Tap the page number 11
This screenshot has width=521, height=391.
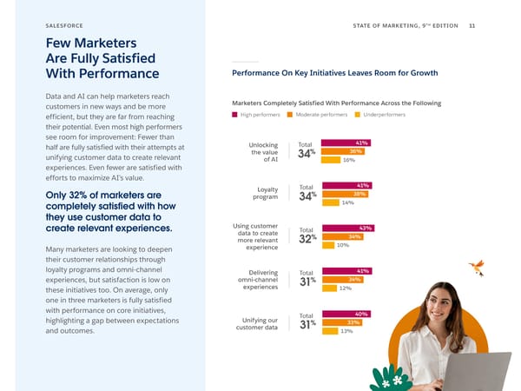(x=472, y=25)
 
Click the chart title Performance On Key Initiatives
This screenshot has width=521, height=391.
(x=334, y=73)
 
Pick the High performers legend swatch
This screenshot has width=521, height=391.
(x=234, y=115)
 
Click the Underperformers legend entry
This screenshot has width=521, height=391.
(x=381, y=115)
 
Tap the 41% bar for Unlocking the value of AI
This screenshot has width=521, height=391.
(x=346, y=142)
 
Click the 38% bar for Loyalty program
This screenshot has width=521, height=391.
(x=346, y=194)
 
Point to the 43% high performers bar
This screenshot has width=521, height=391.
(x=347, y=228)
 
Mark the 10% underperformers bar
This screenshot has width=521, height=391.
(x=327, y=245)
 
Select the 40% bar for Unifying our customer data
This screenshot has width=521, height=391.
(x=346, y=314)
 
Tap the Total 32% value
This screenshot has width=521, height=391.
(x=307, y=238)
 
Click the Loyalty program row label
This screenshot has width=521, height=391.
(x=262, y=193)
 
